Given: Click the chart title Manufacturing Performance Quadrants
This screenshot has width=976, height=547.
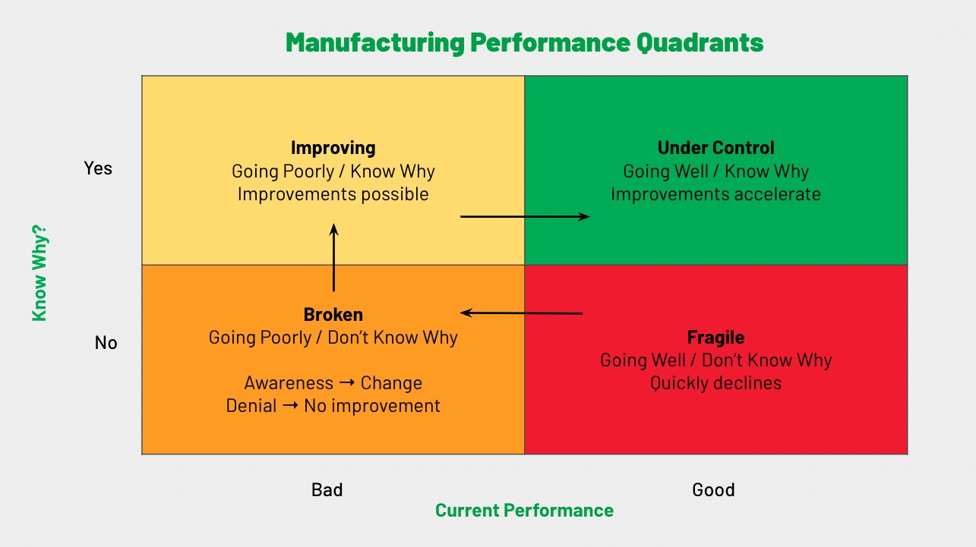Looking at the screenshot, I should pyautogui.click(x=524, y=42).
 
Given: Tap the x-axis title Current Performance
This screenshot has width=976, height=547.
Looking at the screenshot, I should pyautogui.click(x=524, y=510).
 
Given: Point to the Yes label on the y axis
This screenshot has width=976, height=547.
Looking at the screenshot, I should pyautogui.click(x=98, y=168).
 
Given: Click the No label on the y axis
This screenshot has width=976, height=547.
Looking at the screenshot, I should pyautogui.click(x=106, y=343).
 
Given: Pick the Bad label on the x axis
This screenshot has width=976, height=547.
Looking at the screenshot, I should pyautogui.click(x=327, y=490).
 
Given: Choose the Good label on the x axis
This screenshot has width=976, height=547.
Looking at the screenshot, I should pyautogui.click(x=713, y=490).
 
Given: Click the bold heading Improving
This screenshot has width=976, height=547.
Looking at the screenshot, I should pyautogui.click(x=333, y=148).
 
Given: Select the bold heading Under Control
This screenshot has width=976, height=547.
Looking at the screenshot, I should pyautogui.click(x=715, y=148).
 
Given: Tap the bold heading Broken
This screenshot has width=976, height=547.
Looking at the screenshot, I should pyautogui.click(x=333, y=314).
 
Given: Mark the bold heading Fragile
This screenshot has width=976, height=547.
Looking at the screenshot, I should pyautogui.click(x=715, y=337).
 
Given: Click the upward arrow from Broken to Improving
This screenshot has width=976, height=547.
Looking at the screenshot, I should pyautogui.click(x=333, y=258).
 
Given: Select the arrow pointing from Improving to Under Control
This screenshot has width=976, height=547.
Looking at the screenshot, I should pyautogui.click(x=525, y=217).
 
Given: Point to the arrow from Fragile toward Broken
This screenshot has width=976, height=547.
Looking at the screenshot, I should pyautogui.click(x=522, y=313).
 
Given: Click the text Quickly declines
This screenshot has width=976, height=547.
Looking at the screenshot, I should pyautogui.click(x=715, y=383).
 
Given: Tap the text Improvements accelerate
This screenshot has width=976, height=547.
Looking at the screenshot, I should pyautogui.click(x=715, y=194).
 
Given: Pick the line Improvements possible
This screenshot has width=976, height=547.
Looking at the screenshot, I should pyautogui.click(x=333, y=194).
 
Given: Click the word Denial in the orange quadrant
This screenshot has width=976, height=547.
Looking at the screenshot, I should pyautogui.click(x=251, y=406).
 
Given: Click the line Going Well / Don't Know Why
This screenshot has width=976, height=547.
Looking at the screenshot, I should pyautogui.click(x=715, y=360).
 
